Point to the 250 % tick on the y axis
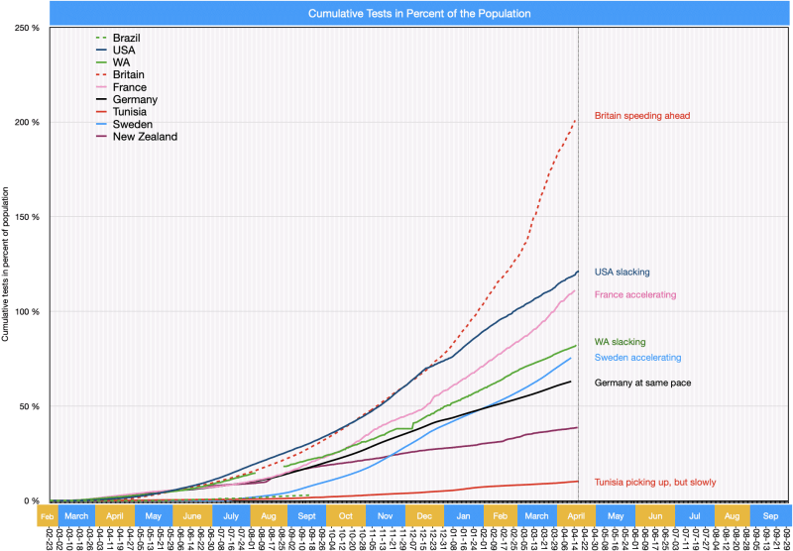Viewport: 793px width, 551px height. (x=27, y=28)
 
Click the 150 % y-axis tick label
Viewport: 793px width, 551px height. (x=27, y=217)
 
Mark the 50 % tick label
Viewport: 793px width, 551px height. (x=29, y=406)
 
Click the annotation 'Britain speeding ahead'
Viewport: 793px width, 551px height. (x=641, y=116)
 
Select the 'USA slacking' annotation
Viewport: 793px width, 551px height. (x=622, y=272)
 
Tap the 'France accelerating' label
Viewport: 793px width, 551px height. (x=634, y=294)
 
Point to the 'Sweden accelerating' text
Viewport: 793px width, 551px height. (x=637, y=358)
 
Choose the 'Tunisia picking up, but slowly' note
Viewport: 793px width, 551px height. (x=654, y=483)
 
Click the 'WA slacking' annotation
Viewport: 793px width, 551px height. (x=620, y=342)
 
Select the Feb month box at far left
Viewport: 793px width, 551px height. (x=48, y=516)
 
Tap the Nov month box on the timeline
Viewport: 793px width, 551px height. (x=385, y=516)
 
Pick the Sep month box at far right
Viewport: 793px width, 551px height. (x=771, y=516)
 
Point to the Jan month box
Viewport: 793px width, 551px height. (x=464, y=516)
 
